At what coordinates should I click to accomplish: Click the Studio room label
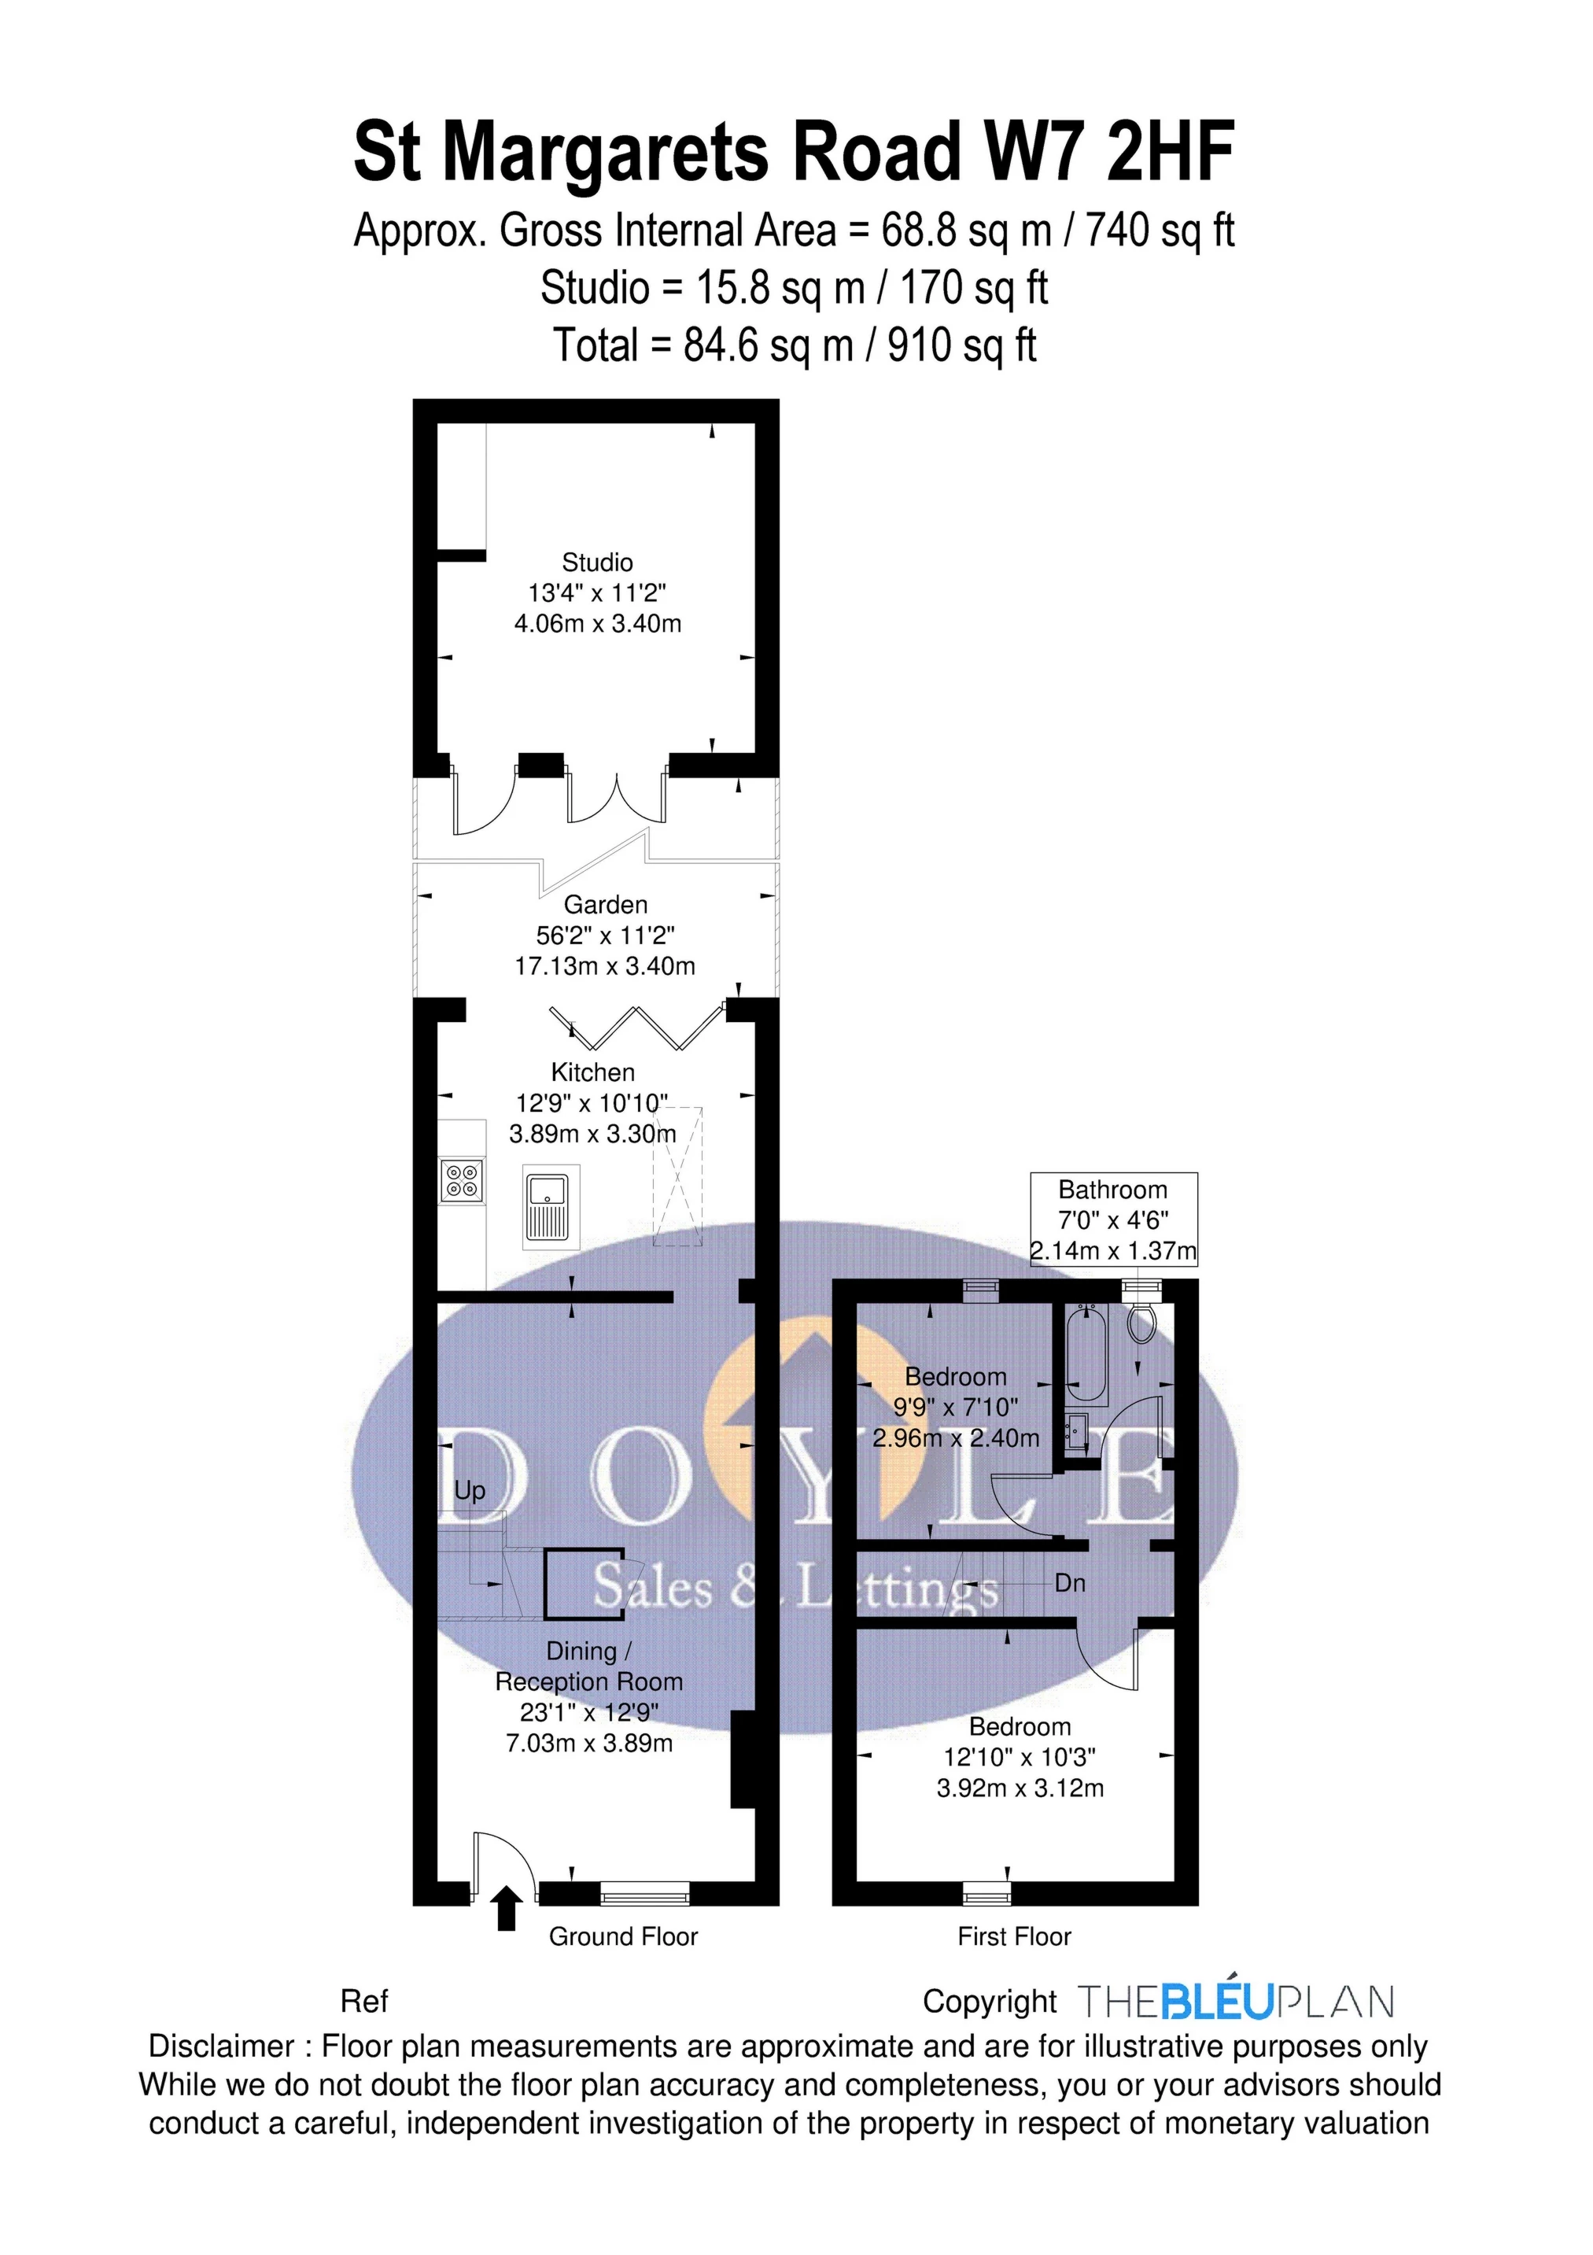(597, 563)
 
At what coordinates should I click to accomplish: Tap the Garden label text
(605, 905)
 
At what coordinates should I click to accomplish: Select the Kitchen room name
(592, 1072)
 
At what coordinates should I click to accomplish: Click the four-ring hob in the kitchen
(463, 1179)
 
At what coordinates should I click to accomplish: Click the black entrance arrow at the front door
(506, 1908)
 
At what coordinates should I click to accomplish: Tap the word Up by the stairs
(470, 1491)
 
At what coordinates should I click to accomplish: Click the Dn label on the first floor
(1070, 1583)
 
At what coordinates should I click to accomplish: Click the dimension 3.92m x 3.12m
(1020, 1788)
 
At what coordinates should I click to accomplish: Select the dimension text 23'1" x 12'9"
(589, 1712)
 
